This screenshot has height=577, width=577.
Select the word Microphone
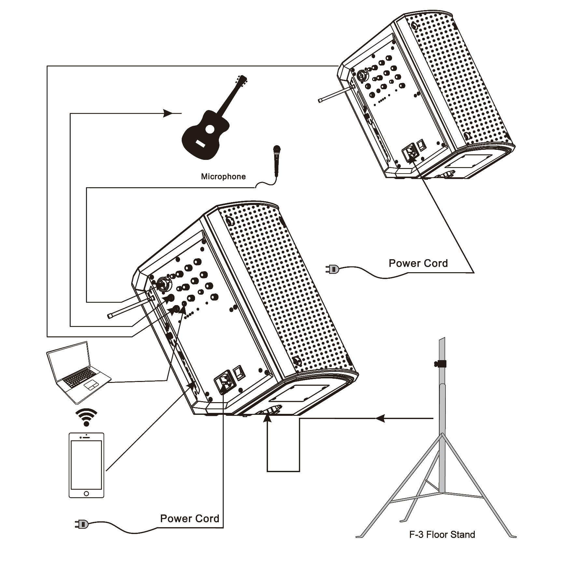click(223, 176)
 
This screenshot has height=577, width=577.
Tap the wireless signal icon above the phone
click(86, 417)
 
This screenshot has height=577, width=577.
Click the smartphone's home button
click(86, 494)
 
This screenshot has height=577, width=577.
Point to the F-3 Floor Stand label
click(442, 534)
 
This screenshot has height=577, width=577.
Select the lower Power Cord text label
click(190, 518)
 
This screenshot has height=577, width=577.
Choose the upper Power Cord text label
click(418, 263)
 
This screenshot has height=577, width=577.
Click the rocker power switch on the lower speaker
click(239, 373)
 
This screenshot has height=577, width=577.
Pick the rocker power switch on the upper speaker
click(422, 145)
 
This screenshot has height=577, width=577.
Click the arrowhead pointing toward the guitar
click(167, 113)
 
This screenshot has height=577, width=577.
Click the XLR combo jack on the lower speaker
click(162, 284)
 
